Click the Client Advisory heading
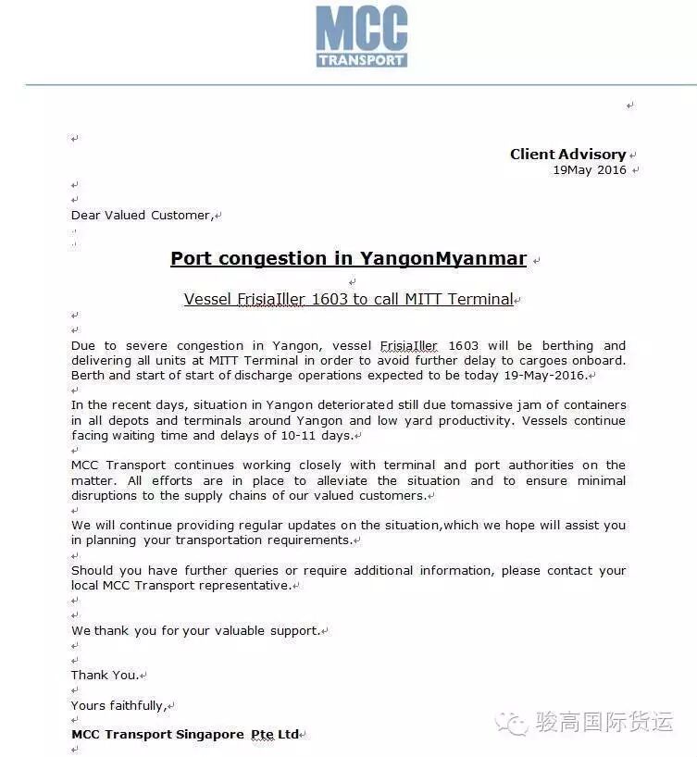pos(567,155)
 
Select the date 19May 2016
pos(590,170)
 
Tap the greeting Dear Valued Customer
pos(142,216)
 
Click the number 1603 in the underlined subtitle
pos(331,300)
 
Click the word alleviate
pos(342,481)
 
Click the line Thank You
pos(105,676)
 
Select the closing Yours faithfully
pos(118,706)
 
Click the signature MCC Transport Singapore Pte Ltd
pos(185,735)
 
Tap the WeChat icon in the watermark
pos(512,723)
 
